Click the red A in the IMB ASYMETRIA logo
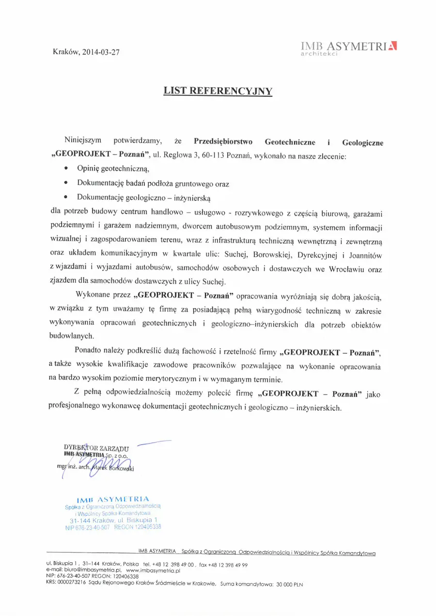[x=393, y=46]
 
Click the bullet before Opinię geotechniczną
[x=66, y=169]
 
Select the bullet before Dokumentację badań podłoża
[x=66, y=184]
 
